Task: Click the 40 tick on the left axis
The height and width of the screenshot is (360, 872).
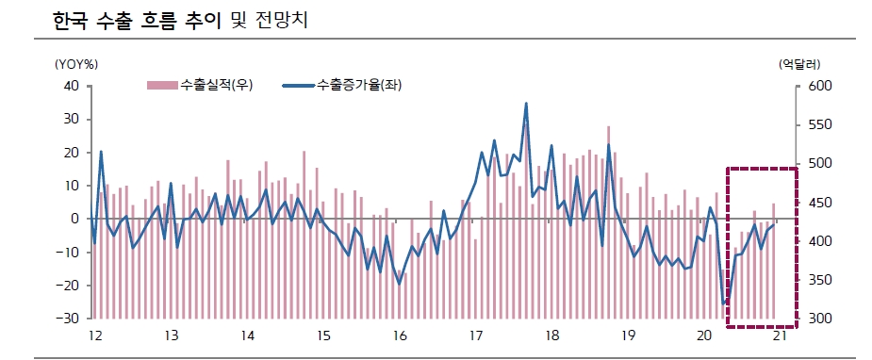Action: click(71, 86)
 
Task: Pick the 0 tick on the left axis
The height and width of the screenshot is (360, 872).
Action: click(74, 219)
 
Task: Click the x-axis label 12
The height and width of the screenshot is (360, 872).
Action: click(94, 336)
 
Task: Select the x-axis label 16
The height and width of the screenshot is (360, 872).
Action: click(400, 336)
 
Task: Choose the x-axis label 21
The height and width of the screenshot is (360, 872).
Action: click(781, 336)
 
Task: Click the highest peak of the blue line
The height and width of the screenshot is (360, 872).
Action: click(526, 104)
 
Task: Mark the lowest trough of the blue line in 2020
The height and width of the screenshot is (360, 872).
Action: click(724, 303)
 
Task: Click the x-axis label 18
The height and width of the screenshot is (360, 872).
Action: click(552, 336)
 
